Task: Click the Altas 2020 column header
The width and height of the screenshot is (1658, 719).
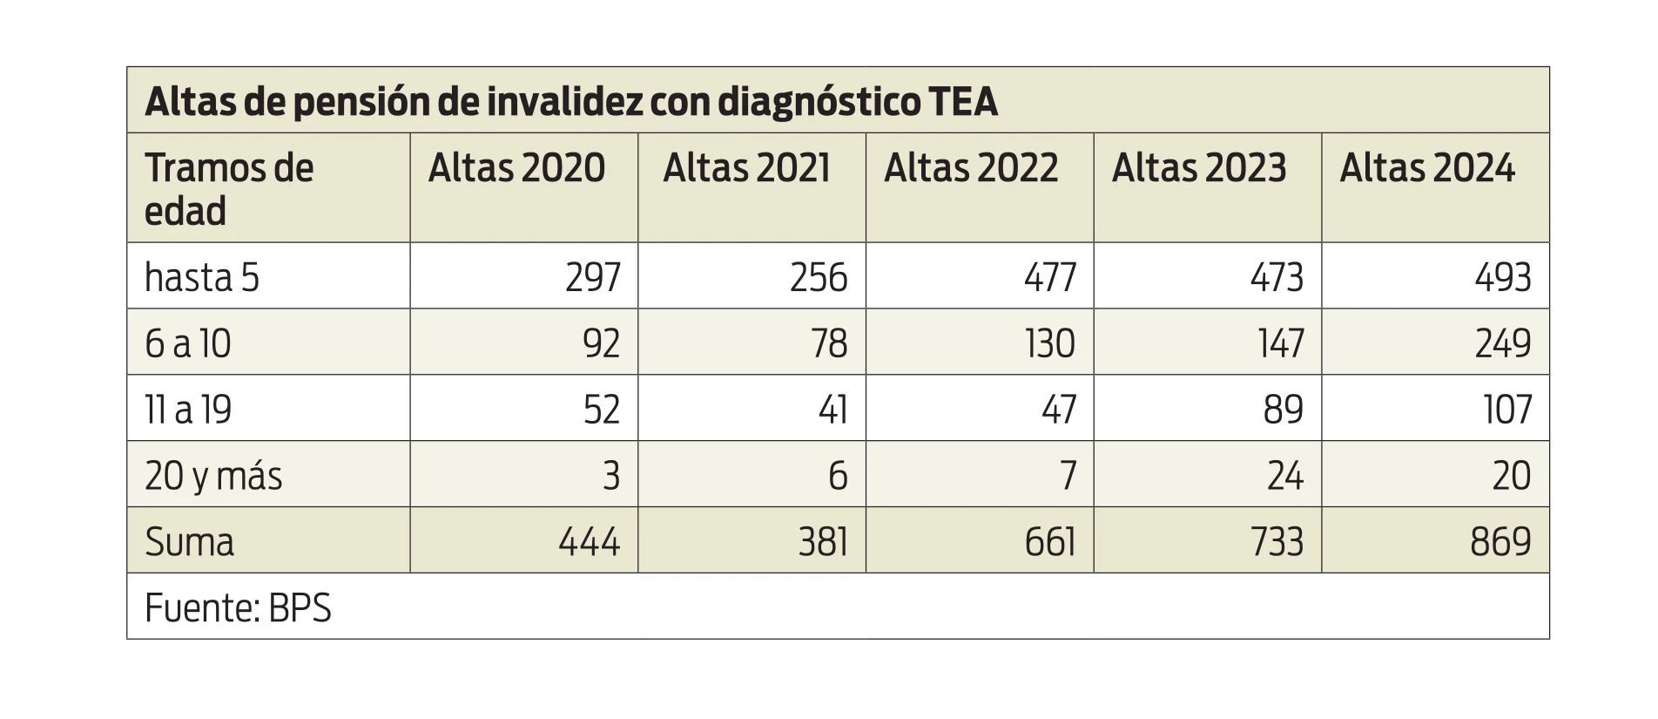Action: pyautogui.click(x=516, y=168)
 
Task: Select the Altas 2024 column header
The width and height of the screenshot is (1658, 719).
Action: pyautogui.click(x=1426, y=168)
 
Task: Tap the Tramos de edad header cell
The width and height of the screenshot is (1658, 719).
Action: pyautogui.click(x=228, y=188)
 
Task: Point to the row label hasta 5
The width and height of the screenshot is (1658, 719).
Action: pyautogui.click(x=202, y=277)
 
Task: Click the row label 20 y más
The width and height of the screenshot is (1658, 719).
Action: pyautogui.click(x=213, y=476)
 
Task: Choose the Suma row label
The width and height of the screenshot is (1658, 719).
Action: pyautogui.click(x=190, y=542)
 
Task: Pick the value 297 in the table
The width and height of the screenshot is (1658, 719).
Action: pyautogui.click(x=592, y=277)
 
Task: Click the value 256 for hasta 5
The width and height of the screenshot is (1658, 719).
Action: pyautogui.click(x=819, y=277)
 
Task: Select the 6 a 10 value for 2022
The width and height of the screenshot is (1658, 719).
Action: pyautogui.click(x=1049, y=343)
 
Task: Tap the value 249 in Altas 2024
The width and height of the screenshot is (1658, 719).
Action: pyautogui.click(x=1502, y=343)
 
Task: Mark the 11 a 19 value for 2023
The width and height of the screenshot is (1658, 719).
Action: pyautogui.click(x=1283, y=410)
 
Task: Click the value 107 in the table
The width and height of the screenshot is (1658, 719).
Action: pyautogui.click(x=1507, y=410)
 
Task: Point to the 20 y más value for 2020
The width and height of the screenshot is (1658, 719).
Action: pyautogui.click(x=611, y=476)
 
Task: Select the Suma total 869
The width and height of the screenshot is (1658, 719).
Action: pyautogui.click(x=1500, y=542)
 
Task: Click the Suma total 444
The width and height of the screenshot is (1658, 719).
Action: pyautogui.click(x=589, y=542)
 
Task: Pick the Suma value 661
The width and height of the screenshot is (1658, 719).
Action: pyautogui.click(x=1049, y=542)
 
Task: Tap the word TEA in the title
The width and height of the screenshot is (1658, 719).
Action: pyautogui.click(x=963, y=102)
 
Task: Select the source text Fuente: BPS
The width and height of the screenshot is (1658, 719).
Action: pyautogui.click(x=238, y=608)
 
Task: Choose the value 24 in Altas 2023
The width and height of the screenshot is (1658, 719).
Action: pyautogui.click(x=1284, y=476)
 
